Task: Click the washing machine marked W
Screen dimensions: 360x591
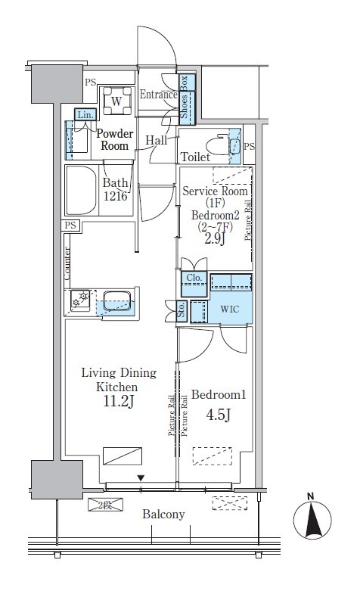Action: [x=116, y=101]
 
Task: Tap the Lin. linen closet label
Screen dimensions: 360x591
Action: [x=85, y=115]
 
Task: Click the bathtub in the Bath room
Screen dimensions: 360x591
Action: [x=81, y=190]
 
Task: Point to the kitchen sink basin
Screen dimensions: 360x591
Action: [x=116, y=300]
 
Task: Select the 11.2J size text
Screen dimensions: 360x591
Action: [x=119, y=402]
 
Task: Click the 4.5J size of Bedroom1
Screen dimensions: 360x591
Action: [x=219, y=415]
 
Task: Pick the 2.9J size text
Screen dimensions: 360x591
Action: [x=215, y=238]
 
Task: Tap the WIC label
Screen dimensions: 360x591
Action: [x=229, y=309]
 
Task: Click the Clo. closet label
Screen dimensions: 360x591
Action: [x=194, y=278]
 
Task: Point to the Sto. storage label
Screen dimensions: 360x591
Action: [x=182, y=310]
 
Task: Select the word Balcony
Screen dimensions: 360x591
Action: [x=163, y=515]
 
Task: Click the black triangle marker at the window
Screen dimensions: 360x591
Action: [x=141, y=478]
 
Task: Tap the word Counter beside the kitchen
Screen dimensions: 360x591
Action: [x=67, y=263]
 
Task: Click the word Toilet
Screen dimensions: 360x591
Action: [x=195, y=157]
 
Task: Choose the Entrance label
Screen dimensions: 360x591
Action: [x=159, y=95]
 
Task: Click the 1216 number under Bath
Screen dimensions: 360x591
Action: [x=115, y=197]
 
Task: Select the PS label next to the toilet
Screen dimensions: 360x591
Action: [x=250, y=147]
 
